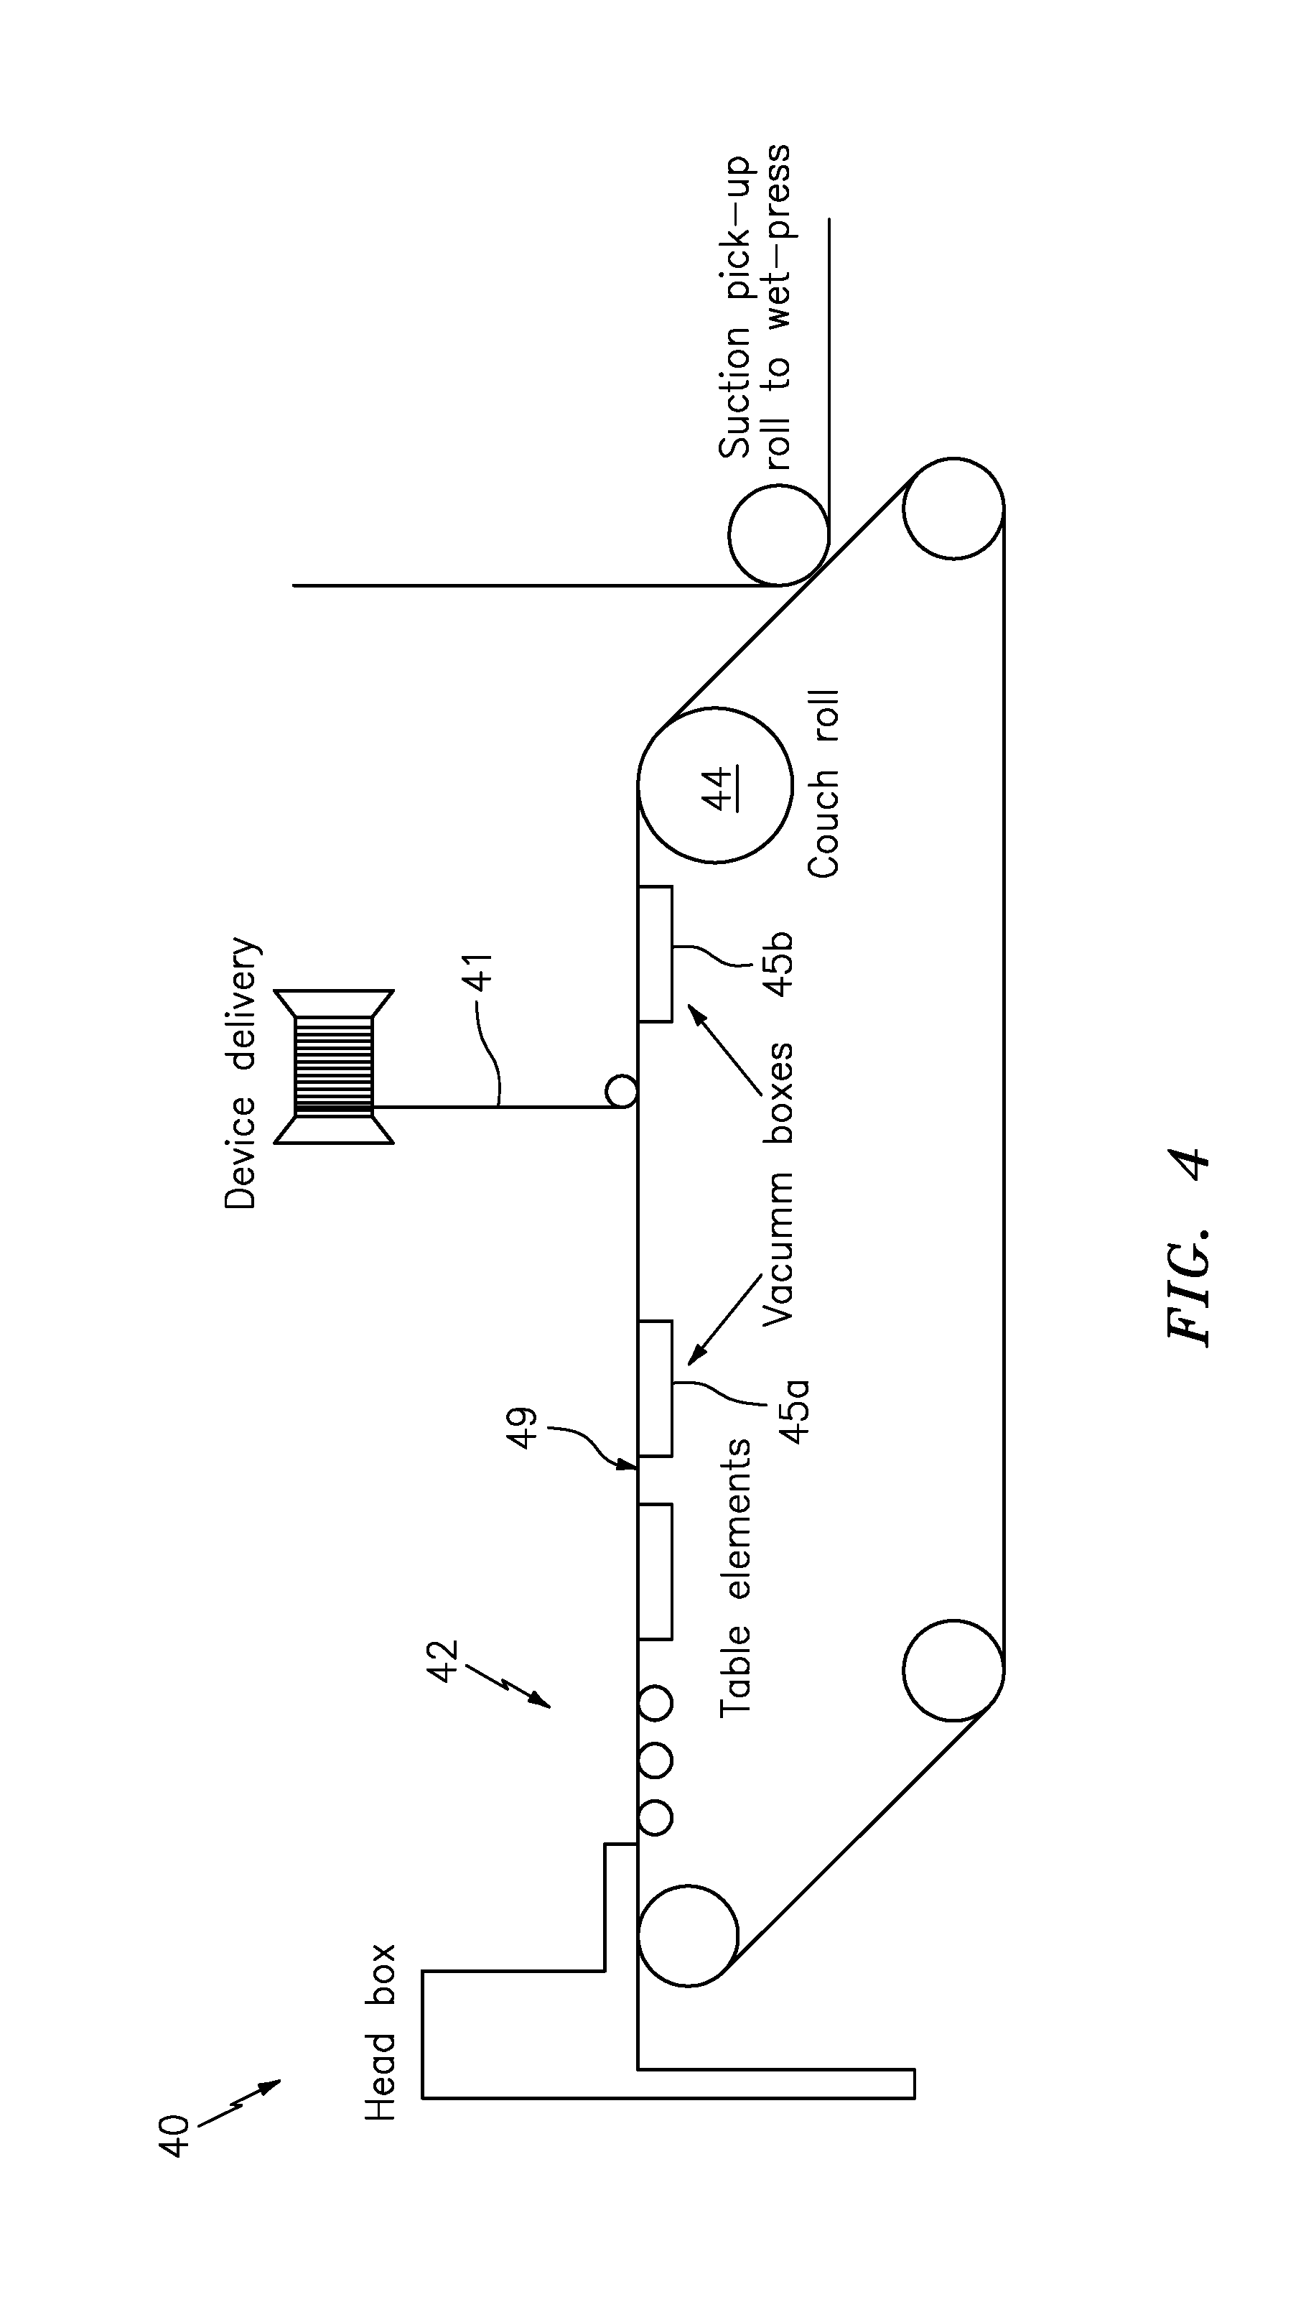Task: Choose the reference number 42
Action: click(443, 1659)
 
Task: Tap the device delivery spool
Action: click(334, 1067)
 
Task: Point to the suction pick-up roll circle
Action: click(778, 535)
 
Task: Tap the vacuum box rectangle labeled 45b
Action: click(655, 954)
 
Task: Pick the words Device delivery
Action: click(241, 1072)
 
